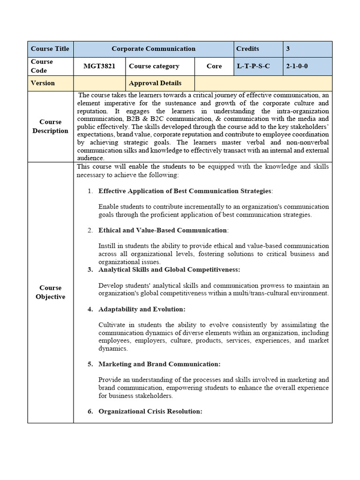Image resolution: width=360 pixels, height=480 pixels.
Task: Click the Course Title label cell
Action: pyautogui.click(x=50, y=49)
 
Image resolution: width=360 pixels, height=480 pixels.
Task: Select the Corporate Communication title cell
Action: pyautogui.click(x=153, y=49)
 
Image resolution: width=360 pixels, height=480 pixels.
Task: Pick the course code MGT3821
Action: pyautogui.click(x=99, y=66)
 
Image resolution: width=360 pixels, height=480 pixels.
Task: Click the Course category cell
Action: pyautogui.click(x=154, y=66)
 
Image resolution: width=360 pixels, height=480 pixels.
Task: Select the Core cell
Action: pyautogui.click(x=214, y=66)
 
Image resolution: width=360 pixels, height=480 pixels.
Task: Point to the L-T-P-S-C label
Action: pyautogui.click(x=253, y=66)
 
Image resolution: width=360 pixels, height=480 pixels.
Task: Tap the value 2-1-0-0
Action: pyautogui.click(x=297, y=66)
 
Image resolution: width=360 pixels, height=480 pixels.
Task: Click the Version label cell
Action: pyautogui.click(x=43, y=83)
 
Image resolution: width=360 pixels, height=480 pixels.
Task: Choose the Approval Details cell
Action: pyautogui.click(x=155, y=83)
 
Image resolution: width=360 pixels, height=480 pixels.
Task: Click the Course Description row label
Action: pyautogui.click(x=50, y=127)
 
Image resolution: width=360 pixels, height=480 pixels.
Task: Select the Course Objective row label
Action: pyautogui.click(x=50, y=292)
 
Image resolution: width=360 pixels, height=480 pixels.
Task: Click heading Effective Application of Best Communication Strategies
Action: pyautogui.click(x=185, y=191)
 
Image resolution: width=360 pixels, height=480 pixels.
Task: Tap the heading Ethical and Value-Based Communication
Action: pyautogui.click(x=163, y=230)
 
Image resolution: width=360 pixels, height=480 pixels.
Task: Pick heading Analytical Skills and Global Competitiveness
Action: pyautogui.click(x=169, y=270)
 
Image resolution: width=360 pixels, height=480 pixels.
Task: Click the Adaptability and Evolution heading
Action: pyautogui.click(x=142, y=309)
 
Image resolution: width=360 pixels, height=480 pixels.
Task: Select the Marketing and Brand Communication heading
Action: pyautogui.click(x=159, y=364)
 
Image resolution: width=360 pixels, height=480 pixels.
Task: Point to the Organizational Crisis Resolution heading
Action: pyautogui.click(x=150, y=411)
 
